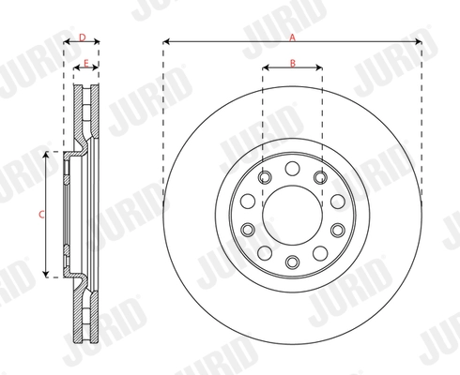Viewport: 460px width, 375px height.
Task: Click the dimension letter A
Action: click(x=292, y=37)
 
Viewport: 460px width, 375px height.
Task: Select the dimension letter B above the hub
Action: click(x=292, y=63)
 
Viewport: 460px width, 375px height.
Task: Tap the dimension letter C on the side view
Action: click(x=40, y=214)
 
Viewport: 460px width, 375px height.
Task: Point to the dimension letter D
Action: click(x=83, y=37)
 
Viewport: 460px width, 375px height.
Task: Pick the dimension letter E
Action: click(x=85, y=63)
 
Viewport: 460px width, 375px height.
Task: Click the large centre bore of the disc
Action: click(x=292, y=214)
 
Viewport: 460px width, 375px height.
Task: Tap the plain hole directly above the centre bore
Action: click(x=292, y=168)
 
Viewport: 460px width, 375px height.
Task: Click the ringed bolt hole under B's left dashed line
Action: click(x=264, y=176)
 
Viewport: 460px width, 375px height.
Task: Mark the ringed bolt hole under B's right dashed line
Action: click(x=320, y=176)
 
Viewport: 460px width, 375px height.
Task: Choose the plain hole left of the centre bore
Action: click(x=247, y=201)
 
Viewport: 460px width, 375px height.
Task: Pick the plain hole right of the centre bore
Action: click(x=337, y=201)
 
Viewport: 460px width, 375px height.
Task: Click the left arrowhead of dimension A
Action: click(x=166, y=42)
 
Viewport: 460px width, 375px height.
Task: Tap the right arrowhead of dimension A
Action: click(x=418, y=42)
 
